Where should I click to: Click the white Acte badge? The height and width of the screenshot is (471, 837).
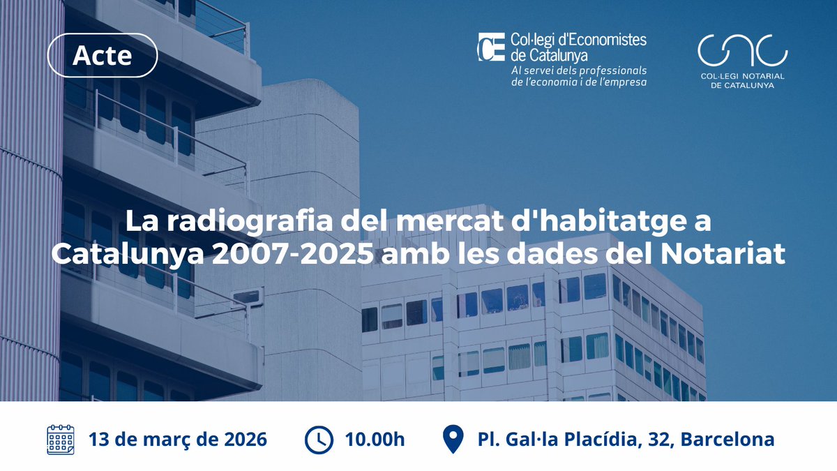102,55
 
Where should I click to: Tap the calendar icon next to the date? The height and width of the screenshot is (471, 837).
61,440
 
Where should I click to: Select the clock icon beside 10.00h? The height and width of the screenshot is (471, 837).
319,440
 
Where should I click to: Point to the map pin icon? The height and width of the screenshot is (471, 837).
453,440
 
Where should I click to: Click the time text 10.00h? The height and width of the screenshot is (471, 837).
375,440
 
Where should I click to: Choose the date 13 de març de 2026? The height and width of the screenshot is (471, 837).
177,440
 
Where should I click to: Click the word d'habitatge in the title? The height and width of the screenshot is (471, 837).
617,223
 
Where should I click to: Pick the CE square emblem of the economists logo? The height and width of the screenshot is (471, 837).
491,47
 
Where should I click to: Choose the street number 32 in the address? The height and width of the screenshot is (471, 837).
662,440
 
